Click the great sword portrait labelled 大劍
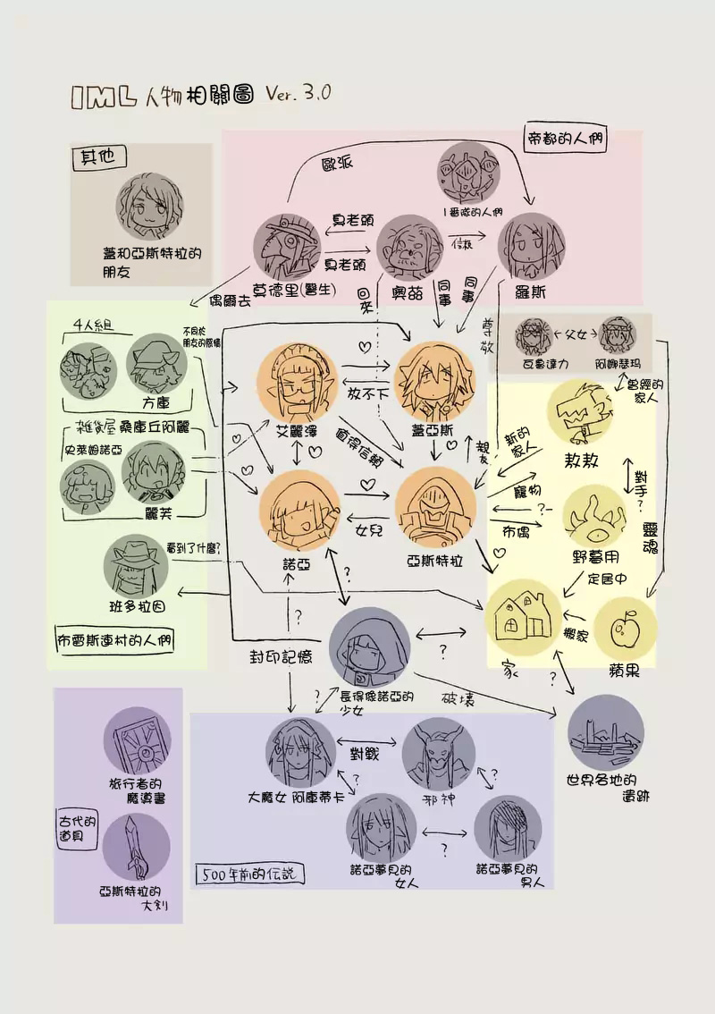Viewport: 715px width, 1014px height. pos(137,845)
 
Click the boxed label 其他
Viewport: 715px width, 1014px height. pos(97,157)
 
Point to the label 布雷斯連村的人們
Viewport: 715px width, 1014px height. pos(114,640)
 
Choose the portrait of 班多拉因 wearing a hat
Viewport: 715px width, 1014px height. pos(139,569)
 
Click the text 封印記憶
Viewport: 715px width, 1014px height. pos(280,655)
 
